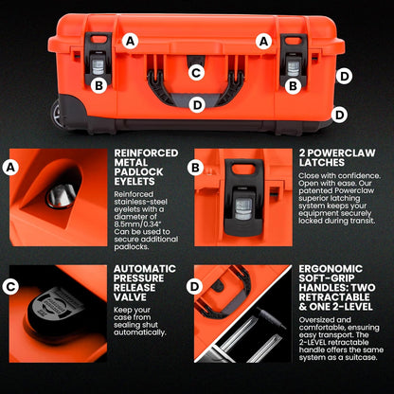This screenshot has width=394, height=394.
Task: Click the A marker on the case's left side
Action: pyautogui.click(x=130, y=41)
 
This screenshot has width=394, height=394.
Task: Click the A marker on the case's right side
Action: pyautogui.click(x=264, y=41)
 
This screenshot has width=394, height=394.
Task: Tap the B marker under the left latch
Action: pyautogui.click(x=98, y=85)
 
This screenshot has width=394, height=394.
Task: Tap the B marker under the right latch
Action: pyautogui.click(x=294, y=85)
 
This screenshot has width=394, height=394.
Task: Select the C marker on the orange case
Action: pyautogui.click(x=196, y=72)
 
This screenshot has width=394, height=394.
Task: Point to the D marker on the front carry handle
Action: pyautogui.click(x=196, y=105)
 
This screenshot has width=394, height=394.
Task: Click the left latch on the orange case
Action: pyautogui.click(x=98, y=59)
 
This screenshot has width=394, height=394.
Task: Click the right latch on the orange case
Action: pyautogui.click(x=295, y=59)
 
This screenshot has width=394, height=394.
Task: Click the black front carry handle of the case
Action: pyautogui.click(x=196, y=88)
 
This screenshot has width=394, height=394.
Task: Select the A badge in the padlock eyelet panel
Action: pyautogui.click(x=11, y=168)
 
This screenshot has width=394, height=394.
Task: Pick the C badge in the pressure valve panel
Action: pyautogui.click(x=11, y=285)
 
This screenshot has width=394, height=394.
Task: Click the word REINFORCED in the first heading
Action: pyautogui.click(x=146, y=152)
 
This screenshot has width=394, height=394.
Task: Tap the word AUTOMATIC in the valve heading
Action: pyautogui.click(x=144, y=268)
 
